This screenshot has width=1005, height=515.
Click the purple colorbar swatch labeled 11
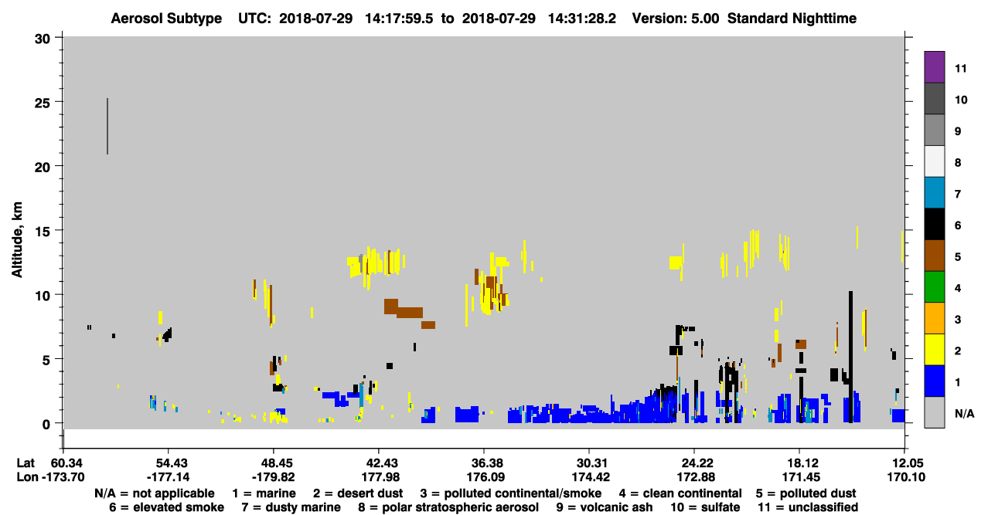[x=934, y=67]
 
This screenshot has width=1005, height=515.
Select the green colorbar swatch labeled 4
[x=934, y=287]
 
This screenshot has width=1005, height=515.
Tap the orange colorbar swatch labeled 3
[x=934, y=318]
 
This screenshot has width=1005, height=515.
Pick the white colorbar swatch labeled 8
[x=934, y=161]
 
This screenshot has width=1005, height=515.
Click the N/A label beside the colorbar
[x=964, y=413]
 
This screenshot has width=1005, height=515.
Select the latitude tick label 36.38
[x=484, y=463]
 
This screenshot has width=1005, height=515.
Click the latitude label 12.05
[x=905, y=463]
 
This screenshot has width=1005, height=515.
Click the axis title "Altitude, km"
[x=16, y=240]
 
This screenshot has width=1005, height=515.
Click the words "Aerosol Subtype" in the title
[x=166, y=19]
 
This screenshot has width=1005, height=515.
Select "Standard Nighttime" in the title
[x=792, y=19]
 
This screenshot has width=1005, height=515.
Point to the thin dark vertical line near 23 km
[x=107, y=126]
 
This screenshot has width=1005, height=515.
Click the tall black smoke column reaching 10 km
[x=850, y=357]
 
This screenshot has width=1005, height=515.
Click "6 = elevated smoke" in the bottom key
[x=166, y=507]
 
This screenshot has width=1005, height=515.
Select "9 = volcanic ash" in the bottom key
[x=605, y=507]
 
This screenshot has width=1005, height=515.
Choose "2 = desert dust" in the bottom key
[x=358, y=493]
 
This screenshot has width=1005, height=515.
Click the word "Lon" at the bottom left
[x=27, y=477]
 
